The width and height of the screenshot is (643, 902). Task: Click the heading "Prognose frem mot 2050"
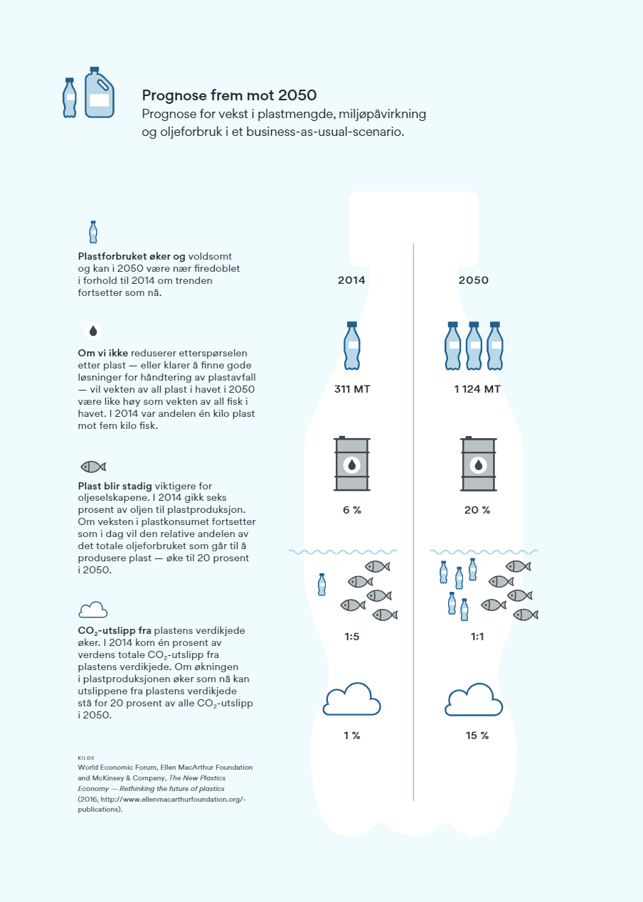(x=229, y=95)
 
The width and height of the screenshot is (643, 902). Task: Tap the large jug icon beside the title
(x=99, y=93)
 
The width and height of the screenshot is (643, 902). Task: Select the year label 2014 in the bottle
(x=351, y=280)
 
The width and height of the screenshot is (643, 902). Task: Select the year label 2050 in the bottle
(x=474, y=280)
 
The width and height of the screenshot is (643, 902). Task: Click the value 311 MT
(x=352, y=390)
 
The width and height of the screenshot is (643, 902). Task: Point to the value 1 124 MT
(x=477, y=390)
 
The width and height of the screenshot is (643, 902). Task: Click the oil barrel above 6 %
(x=351, y=464)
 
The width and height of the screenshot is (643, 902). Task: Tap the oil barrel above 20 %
(x=479, y=464)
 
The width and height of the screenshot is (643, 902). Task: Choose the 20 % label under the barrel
(x=477, y=510)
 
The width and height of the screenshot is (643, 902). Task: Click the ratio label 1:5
(x=351, y=637)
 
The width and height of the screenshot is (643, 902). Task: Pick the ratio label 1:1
(x=477, y=637)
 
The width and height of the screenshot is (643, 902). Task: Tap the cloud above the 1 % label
(x=352, y=700)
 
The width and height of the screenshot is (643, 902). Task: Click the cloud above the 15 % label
(x=474, y=700)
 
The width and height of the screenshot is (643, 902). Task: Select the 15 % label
(x=477, y=736)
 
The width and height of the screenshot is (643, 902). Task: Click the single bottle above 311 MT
(x=351, y=346)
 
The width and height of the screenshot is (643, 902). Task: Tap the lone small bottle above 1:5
(x=322, y=585)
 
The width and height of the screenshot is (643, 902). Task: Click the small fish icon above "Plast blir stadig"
(x=93, y=467)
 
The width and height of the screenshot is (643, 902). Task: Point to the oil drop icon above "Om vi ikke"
(x=93, y=331)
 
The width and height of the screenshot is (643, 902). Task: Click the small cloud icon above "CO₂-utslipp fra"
(x=93, y=610)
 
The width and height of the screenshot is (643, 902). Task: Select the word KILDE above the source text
(x=86, y=758)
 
